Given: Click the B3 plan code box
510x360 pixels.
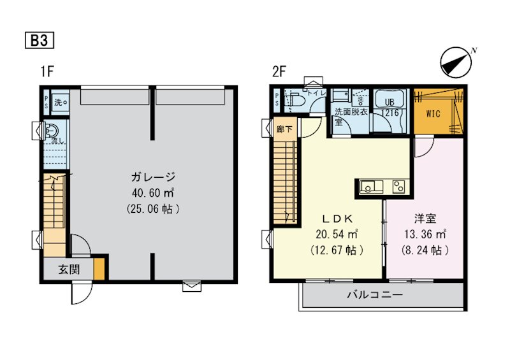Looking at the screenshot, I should tap(39, 40).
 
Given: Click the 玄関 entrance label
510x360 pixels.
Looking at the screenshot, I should tap(69, 269).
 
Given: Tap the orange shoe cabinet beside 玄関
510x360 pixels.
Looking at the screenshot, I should tap(99, 268).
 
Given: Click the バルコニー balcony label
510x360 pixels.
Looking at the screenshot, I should tap(374, 296).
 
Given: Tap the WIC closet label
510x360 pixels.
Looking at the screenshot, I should tap(433, 115).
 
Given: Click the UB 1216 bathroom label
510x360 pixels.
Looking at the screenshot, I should tap(389, 107).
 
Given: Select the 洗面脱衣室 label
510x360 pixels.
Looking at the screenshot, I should tap(350, 116).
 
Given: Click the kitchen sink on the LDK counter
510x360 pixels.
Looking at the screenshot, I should tap(369, 187).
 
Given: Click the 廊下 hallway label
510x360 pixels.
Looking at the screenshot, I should tap(284, 128).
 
